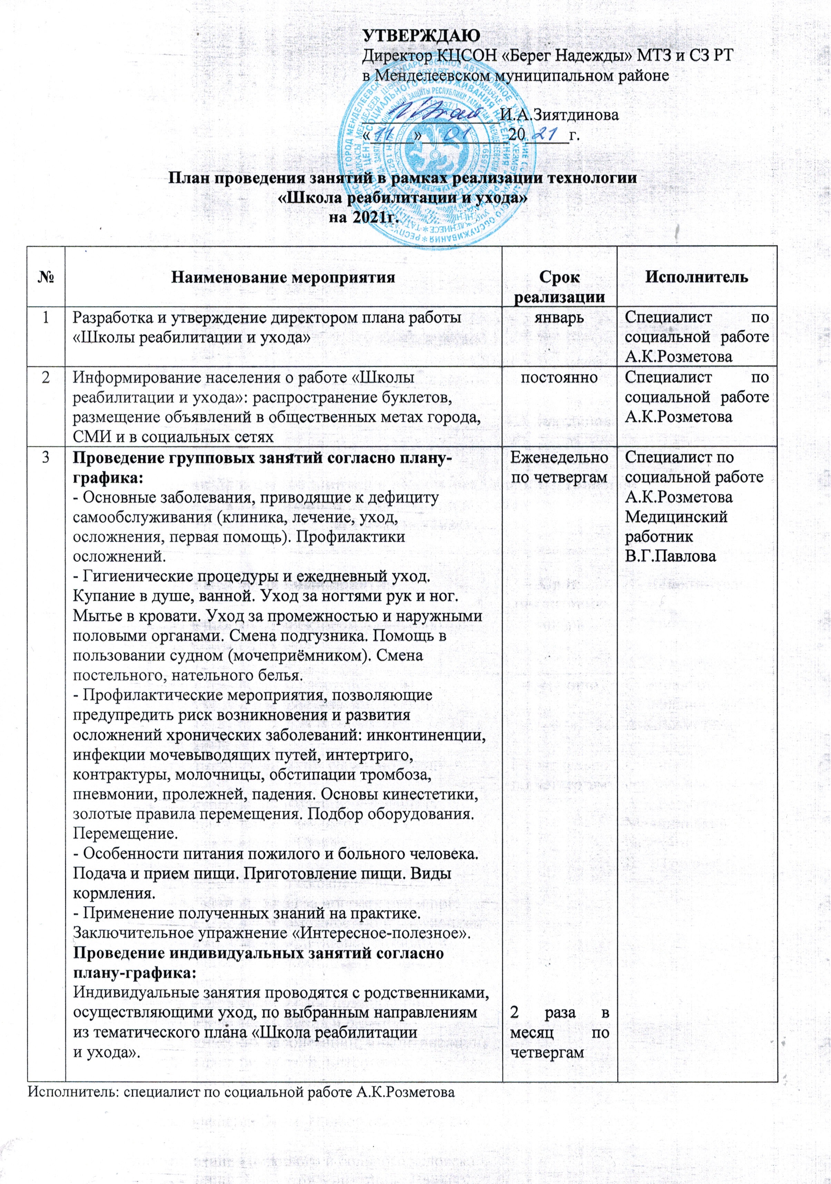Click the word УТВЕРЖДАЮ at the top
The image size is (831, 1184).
pos(421,35)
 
